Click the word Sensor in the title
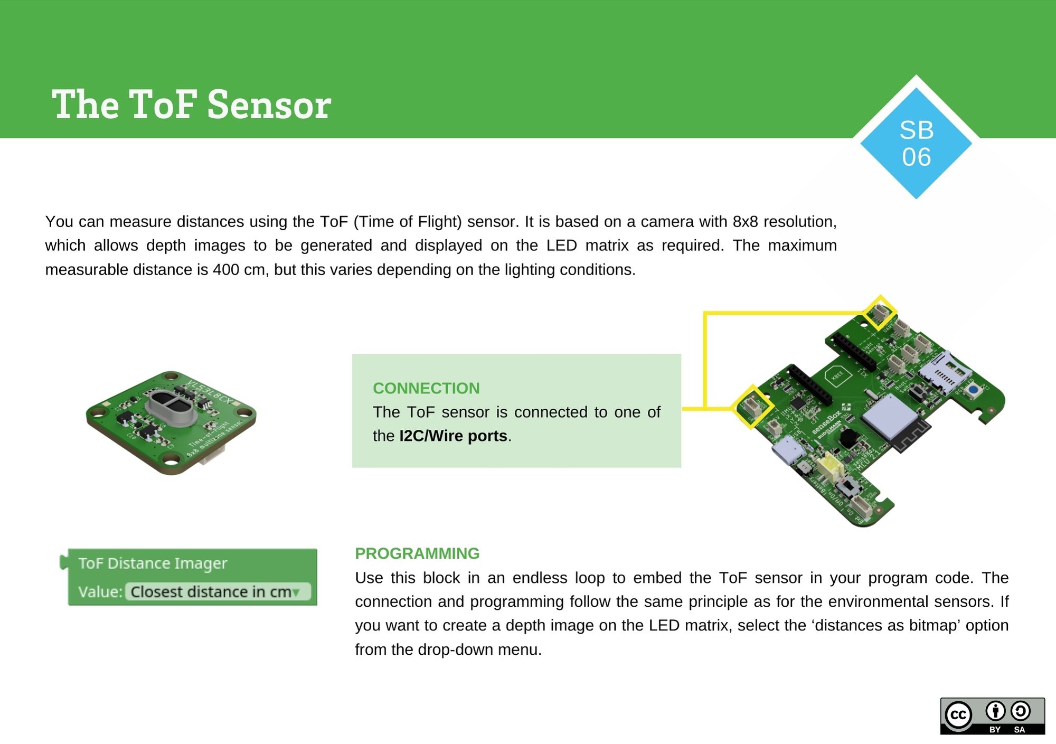tap(269, 105)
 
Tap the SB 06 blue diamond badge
tap(916, 143)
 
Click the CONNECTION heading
tap(426, 388)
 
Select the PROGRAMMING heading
tap(417, 553)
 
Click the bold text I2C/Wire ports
tap(453, 436)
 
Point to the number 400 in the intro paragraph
tap(226, 270)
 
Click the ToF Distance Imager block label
tap(153, 563)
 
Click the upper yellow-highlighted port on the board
tap(879, 313)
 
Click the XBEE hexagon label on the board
tap(837, 375)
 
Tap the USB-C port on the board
tap(788, 454)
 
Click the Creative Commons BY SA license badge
tap(992, 716)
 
